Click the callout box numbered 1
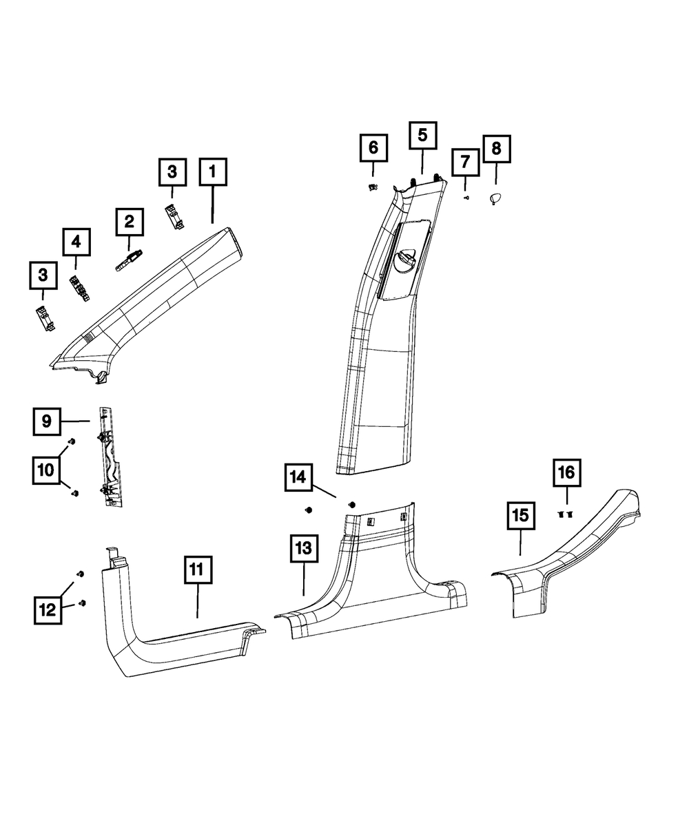click(213, 171)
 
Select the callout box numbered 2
click(130, 222)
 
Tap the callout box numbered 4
click(76, 242)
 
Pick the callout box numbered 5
click(422, 136)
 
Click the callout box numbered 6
click(373, 148)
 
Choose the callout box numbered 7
click(465, 162)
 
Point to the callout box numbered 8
click(496, 149)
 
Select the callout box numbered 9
click(47, 421)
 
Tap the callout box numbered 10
click(46, 470)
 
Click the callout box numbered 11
click(198, 569)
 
